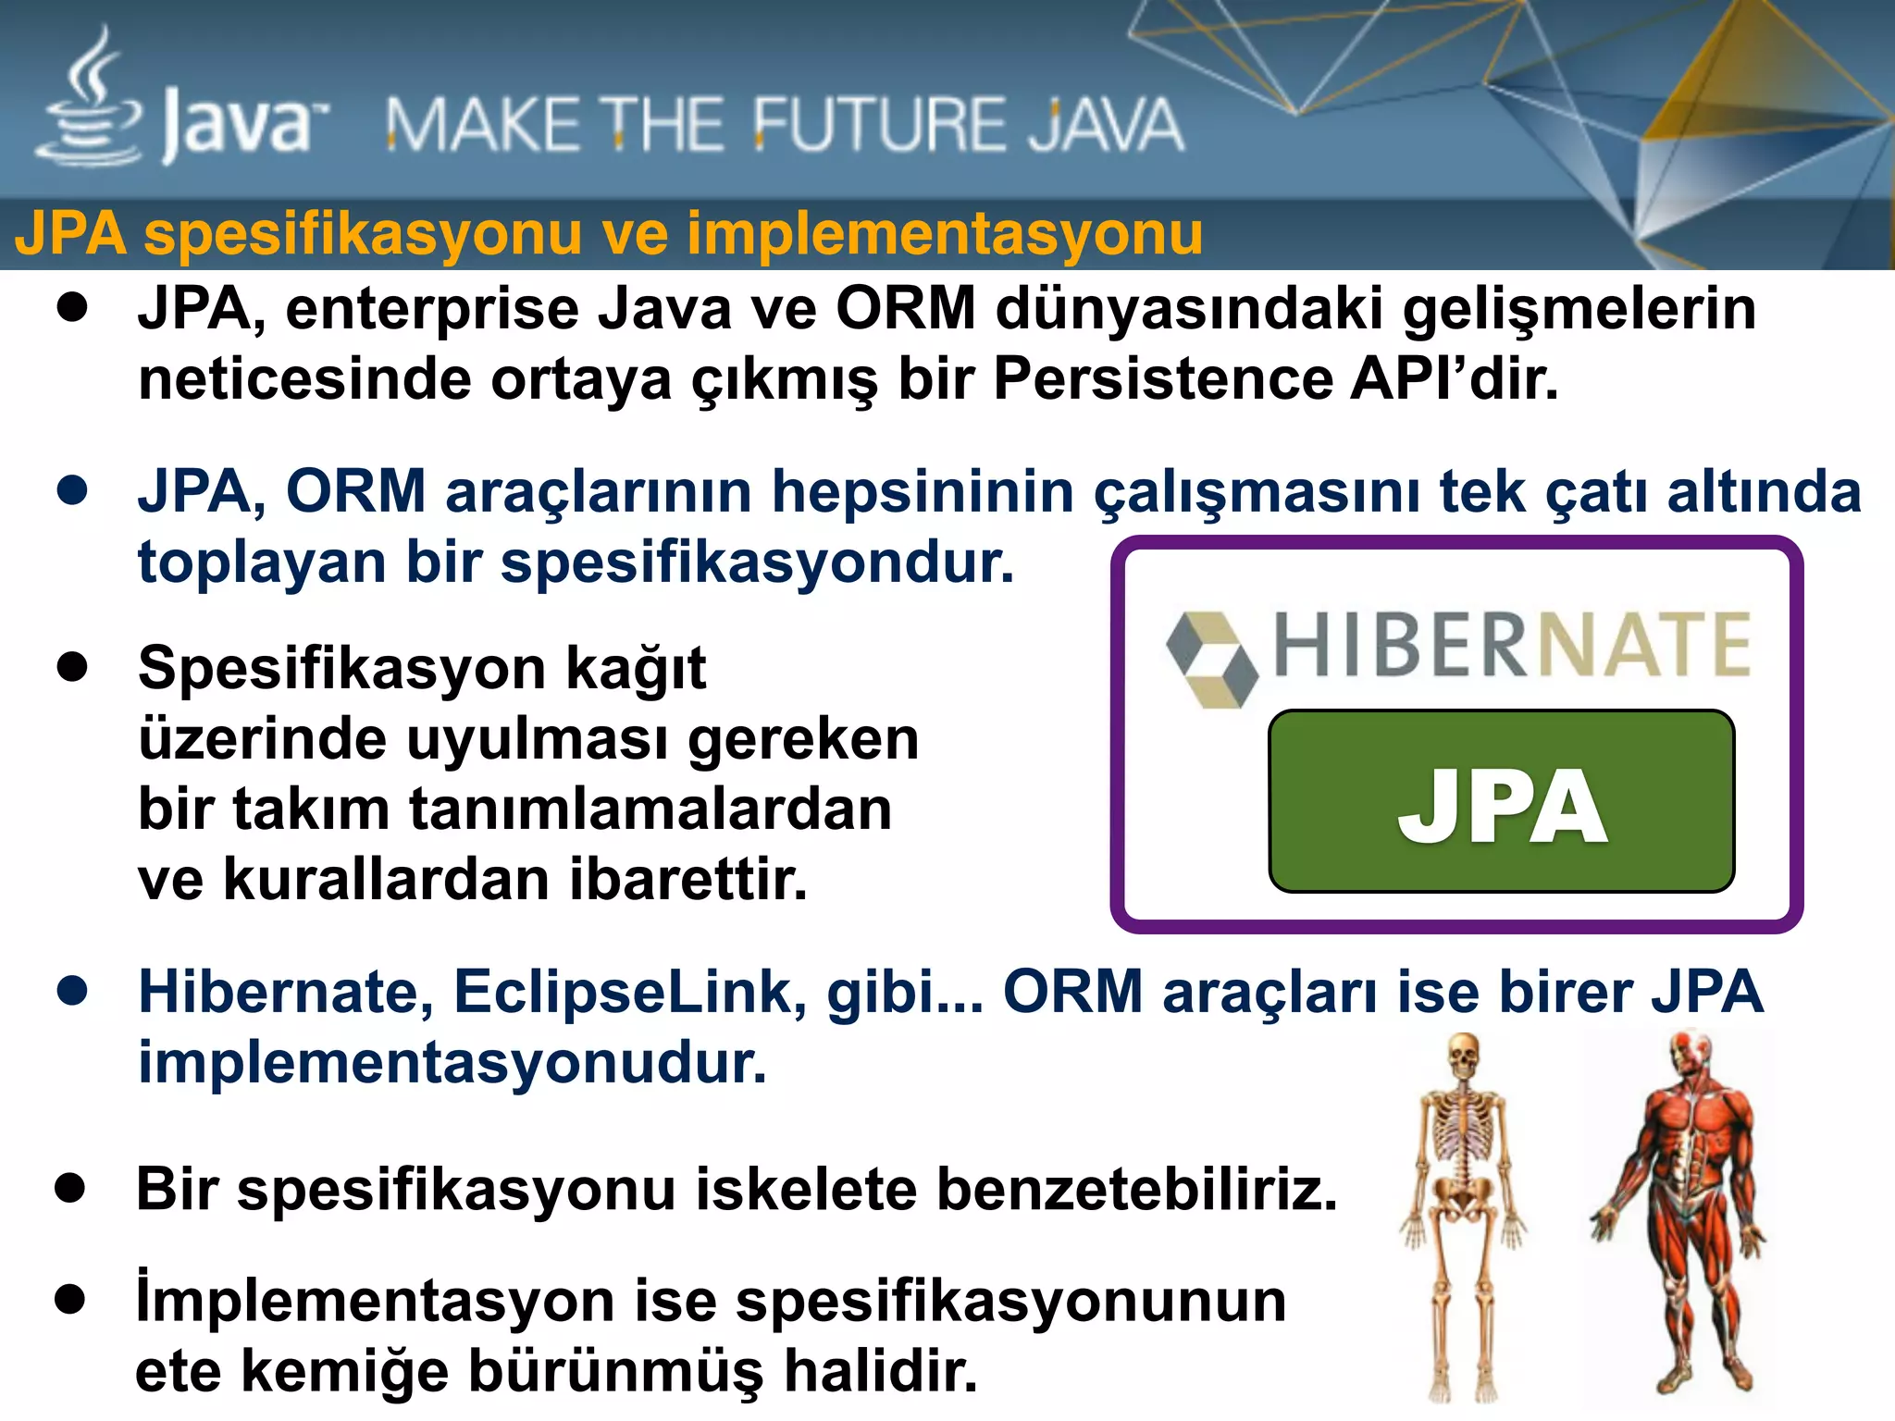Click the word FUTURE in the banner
point(879,125)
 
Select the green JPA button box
point(1501,801)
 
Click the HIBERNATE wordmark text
point(1512,645)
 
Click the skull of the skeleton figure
point(1463,1055)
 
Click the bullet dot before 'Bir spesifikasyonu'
point(70,1188)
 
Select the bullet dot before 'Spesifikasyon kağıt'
point(71,666)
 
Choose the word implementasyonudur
point(452,1063)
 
